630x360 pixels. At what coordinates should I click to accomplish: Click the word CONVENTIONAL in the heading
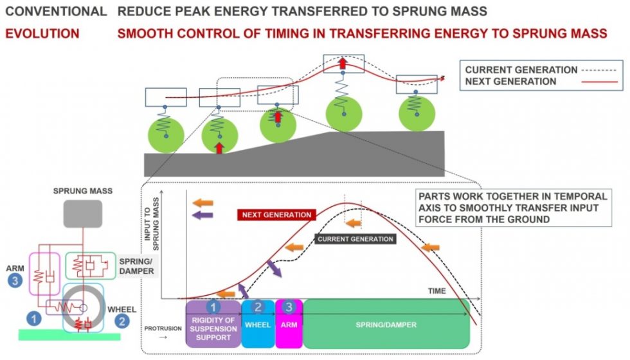(x=57, y=12)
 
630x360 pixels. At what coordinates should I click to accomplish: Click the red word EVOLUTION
(x=42, y=33)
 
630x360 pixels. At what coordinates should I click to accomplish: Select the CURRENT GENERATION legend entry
(x=541, y=70)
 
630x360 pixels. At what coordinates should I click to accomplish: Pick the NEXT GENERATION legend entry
(x=541, y=82)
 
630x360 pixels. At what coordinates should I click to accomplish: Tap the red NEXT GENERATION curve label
(x=276, y=215)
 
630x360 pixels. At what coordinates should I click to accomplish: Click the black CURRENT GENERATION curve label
(x=355, y=239)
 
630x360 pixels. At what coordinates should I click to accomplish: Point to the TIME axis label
(x=437, y=291)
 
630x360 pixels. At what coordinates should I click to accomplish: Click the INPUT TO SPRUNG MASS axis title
(x=152, y=224)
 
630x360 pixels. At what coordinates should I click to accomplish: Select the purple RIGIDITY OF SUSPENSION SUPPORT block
(x=213, y=324)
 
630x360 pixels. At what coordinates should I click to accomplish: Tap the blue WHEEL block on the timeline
(x=258, y=324)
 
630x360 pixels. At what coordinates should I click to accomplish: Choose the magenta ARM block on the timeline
(x=289, y=324)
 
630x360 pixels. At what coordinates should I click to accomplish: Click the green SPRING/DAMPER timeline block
(x=386, y=324)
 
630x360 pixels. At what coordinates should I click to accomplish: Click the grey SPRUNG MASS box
(x=83, y=213)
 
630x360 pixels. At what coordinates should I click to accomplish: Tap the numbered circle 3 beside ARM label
(x=15, y=280)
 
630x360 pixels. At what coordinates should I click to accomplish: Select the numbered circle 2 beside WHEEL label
(x=122, y=321)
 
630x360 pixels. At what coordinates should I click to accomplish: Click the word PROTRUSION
(x=163, y=328)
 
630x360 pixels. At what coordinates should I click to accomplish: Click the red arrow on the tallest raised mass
(x=342, y=63)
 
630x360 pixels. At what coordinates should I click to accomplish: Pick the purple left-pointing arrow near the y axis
(x=203, y=215)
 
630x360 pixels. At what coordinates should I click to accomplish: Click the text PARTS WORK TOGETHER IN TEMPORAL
(x=513, y=197)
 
